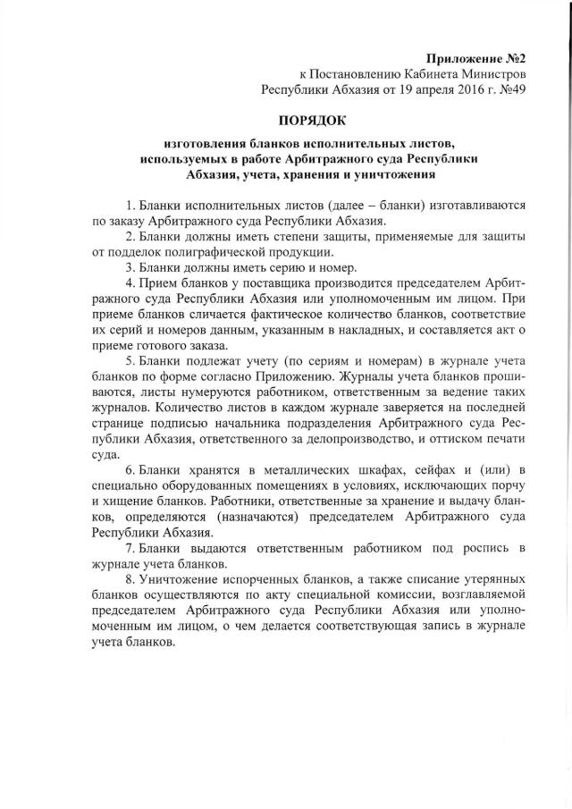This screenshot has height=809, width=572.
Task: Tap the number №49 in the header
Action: [x=509, y=89]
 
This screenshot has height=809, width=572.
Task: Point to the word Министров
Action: [x=492, y=74]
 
